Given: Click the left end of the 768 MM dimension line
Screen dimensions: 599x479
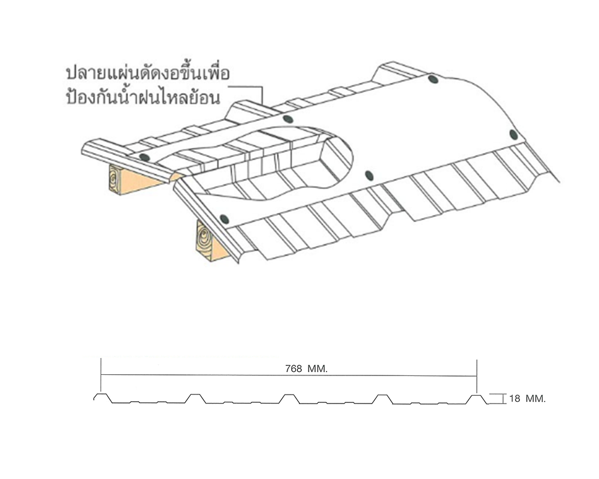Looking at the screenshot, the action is [101, 375].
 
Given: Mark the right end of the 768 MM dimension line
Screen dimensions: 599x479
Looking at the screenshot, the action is [477, 376].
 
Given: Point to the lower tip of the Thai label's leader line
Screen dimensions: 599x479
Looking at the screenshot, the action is [263, 106].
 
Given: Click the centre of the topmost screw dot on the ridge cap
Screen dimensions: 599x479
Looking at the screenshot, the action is [433, 79].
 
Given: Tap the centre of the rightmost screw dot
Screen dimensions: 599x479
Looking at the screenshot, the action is [513, 135].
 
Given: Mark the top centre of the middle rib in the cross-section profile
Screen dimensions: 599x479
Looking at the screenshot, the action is [289, 395].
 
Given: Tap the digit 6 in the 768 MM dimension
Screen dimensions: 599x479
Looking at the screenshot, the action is [294, 369].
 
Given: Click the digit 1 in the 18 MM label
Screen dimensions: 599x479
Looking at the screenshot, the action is [511, 398].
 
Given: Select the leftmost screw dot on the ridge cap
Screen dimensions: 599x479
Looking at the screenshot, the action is [144, 157].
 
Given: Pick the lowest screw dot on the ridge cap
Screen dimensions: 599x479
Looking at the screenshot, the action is [224, 219].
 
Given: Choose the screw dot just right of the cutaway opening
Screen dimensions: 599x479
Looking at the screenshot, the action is [368, 175].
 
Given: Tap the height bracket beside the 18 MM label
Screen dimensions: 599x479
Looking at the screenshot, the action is [499, 398].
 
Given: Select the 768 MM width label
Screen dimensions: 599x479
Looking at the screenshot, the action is [306, 369].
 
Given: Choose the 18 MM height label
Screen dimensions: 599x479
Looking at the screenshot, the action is [527, 398].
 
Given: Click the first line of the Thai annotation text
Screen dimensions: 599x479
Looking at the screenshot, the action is [148, 73].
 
